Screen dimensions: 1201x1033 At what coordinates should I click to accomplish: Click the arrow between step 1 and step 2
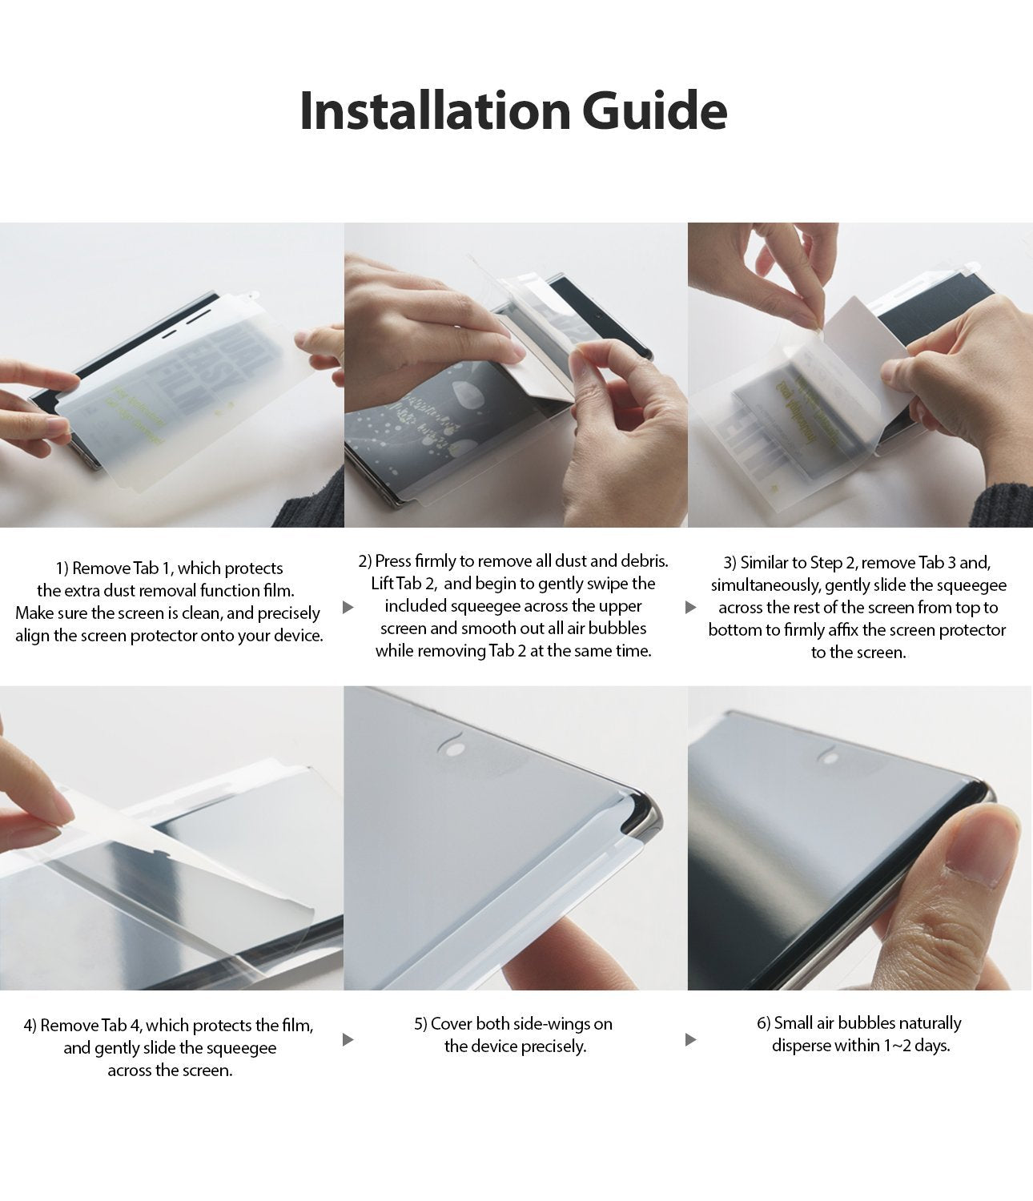tap(348, 607)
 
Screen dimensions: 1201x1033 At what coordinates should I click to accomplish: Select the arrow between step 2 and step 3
tap(691, 607)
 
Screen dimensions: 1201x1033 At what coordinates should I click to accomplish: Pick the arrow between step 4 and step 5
tap(348, 1039)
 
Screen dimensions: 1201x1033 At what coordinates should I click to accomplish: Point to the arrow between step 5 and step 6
tap(691, 1039)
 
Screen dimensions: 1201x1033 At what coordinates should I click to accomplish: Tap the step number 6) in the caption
tap(763, 1023)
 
